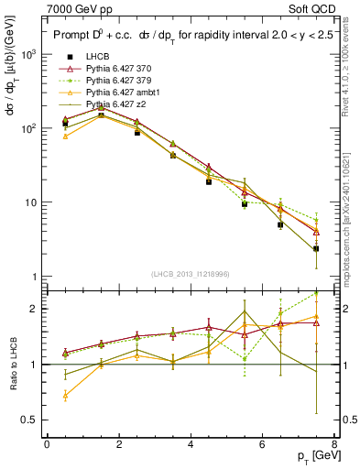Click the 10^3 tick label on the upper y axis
coord(29,55)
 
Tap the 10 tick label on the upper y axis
coord(31,202)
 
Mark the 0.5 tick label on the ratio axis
coord(29,421)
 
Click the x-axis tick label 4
coord(191,444)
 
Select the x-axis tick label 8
coord(333,444)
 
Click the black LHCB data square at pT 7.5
coord(316,248)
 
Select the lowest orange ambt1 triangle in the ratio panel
coord(65,396)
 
